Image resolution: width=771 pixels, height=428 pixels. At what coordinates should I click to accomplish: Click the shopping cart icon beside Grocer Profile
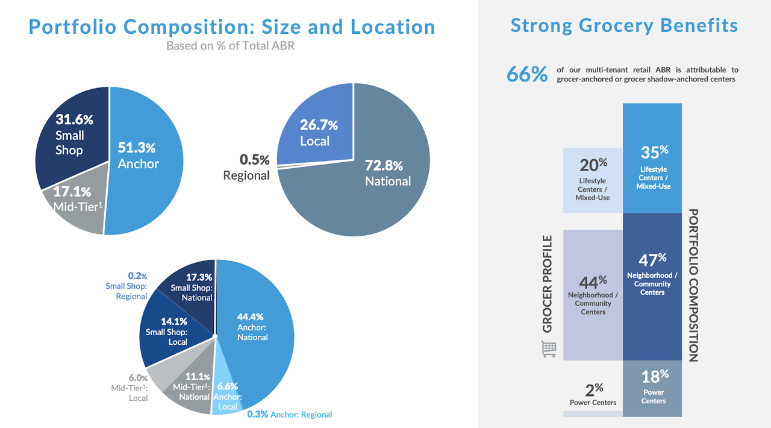pyautogui.click(x=549, y=348)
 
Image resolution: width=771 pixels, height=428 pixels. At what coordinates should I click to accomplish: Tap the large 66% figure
pyautogui.click(x=527, y=74)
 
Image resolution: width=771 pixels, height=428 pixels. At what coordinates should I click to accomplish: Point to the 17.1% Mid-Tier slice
pyautogui.click(x=75, y=205)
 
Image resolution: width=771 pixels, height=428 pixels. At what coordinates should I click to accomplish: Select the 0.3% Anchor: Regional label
pyautogui.click(x=289, y=414)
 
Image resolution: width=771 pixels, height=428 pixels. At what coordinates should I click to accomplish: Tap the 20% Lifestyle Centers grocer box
pyautogui.click(x=593, y=180)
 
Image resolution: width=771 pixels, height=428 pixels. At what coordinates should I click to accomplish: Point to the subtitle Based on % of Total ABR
pyautogui.click(x=231, y=45)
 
